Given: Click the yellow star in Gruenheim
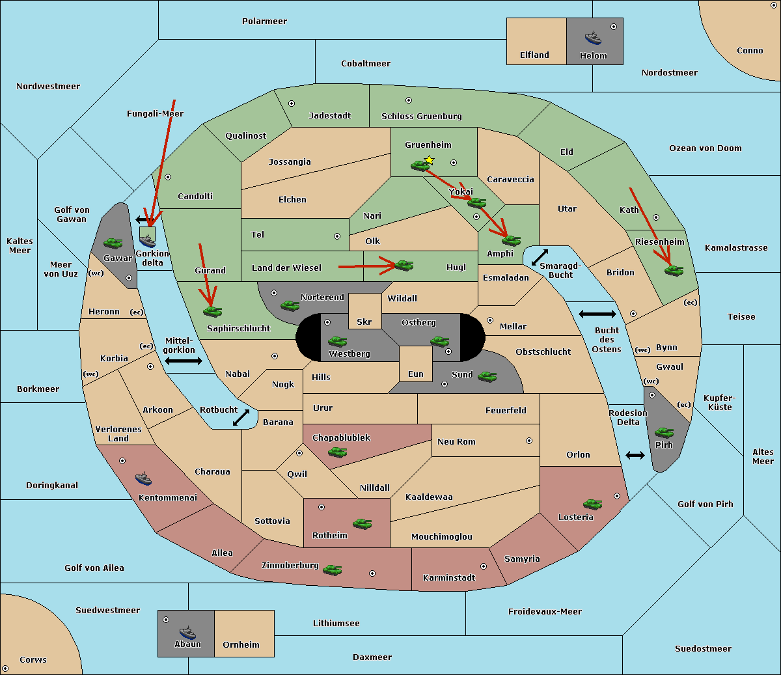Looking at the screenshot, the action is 429,160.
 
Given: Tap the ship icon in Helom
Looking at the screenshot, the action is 593,38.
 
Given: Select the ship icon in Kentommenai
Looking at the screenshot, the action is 144,478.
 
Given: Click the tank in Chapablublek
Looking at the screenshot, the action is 337,452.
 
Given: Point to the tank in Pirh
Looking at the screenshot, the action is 664,432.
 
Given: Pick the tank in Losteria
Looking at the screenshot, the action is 592,504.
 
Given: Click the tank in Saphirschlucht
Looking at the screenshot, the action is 212,311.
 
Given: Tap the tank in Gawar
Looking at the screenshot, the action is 113,243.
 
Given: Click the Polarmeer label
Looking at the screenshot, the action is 264,21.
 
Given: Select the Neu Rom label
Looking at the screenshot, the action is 456,441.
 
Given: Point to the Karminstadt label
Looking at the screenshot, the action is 449,577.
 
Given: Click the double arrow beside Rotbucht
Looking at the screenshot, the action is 241,418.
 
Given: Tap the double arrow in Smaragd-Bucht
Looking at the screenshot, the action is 540,257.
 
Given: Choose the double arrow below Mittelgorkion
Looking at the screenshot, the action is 184,361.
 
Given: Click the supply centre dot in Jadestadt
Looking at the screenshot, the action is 292,103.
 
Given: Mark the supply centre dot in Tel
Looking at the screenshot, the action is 337,236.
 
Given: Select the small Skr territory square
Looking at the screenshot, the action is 364,311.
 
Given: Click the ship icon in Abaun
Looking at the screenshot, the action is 188,632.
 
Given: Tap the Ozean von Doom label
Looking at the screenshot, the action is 705,148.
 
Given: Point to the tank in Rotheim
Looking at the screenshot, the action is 362,524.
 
